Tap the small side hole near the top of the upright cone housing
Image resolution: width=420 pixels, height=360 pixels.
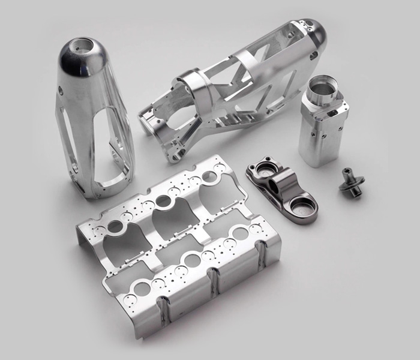(x=61, y=90)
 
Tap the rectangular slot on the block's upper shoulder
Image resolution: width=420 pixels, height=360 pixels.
(x=331, y=112)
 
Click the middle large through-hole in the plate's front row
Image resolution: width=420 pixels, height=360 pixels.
(x=192, y=260)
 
